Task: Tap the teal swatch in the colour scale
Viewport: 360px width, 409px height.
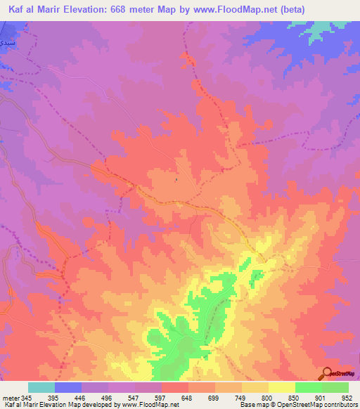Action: [41, 387]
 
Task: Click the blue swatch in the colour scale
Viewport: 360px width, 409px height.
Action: [68, 387]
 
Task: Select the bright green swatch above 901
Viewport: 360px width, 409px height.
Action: [308, 387]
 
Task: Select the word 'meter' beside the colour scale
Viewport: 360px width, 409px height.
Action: [11, 397]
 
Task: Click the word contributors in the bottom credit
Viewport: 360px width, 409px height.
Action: [338, 405]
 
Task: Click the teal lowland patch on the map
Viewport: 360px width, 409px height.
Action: [320, 30]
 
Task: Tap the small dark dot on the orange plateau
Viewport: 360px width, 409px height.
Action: [176, 180]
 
